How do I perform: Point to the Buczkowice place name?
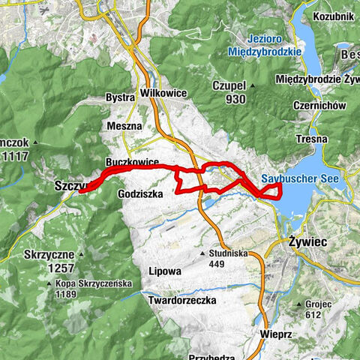click(x=132, y=161)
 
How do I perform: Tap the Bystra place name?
click(x=121, y=97)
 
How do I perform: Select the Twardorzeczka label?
click(x=182, y=300)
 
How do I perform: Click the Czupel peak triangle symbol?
click(x=253, y=85)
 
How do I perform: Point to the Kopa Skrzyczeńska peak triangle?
click(x=49, y=284)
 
